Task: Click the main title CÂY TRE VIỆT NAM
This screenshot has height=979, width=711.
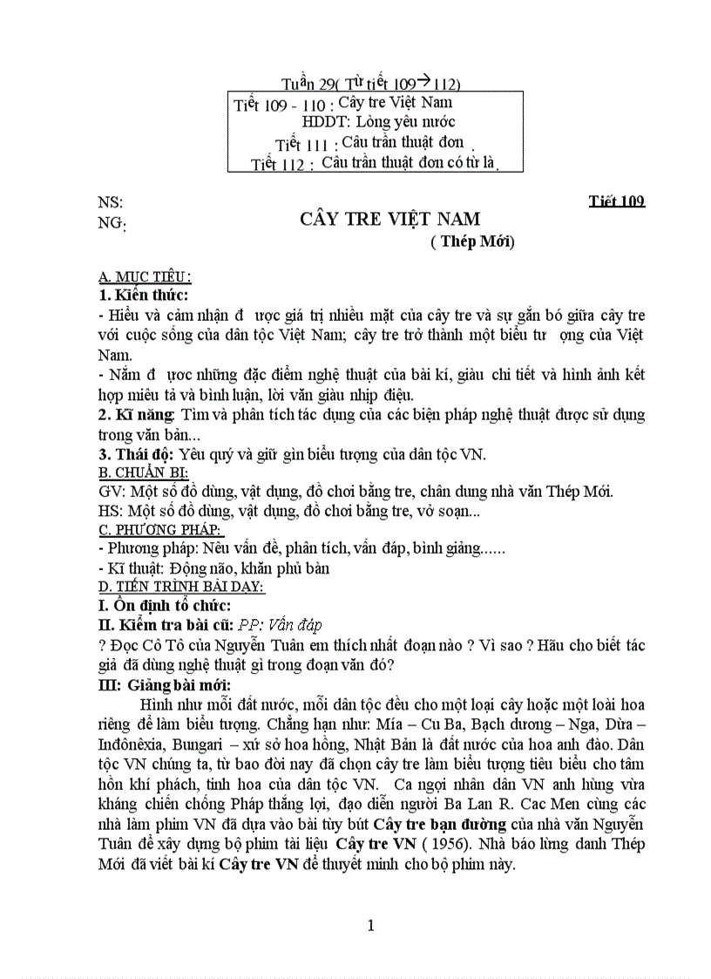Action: coord(389,219)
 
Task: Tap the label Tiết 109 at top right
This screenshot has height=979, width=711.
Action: coord(616,202)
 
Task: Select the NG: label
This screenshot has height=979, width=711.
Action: coord(112,223)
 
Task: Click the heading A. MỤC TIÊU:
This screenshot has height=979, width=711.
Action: coord(145,277)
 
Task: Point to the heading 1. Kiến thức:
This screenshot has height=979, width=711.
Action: coord(144,295)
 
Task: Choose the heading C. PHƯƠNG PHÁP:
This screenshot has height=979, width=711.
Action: coord(160,530)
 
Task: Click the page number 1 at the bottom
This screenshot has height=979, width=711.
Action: coord(371,927)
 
